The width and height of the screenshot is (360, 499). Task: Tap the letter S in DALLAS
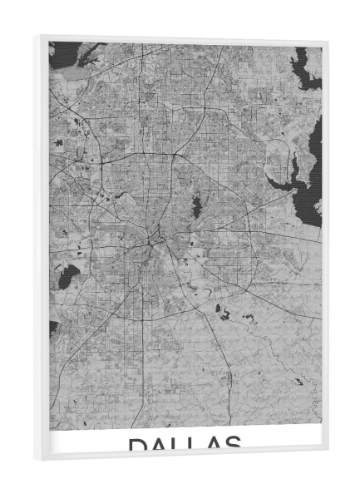point(233,445)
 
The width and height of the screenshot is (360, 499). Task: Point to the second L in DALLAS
point(194,445)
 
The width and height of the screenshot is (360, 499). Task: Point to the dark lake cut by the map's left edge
point(52,329)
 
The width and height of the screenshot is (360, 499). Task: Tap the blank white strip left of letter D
point(87,442)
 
